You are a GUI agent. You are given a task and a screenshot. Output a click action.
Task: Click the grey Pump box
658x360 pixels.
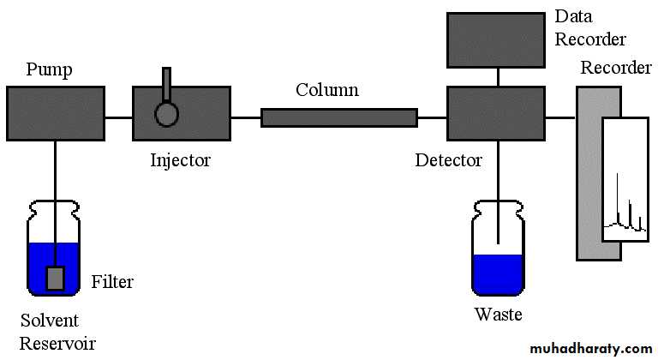[x=56, y=112]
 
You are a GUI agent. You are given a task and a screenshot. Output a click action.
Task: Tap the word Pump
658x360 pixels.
[x=48, y=69]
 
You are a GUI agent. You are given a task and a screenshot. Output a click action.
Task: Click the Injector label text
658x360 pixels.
[x=180, y=159]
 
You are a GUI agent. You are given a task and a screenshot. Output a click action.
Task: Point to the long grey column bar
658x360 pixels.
[x=338, y=117]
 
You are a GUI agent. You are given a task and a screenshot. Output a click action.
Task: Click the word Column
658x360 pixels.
[x=327, y=89]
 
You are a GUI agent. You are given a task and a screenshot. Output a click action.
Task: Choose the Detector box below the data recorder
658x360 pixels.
[x=496, y=112]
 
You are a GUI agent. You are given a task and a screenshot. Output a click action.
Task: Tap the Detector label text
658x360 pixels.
[x=448, y=159]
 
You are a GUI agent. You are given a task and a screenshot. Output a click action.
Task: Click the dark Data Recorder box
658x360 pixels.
[x=496, y=39]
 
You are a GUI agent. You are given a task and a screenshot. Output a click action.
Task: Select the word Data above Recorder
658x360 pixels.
[x=572, y=16]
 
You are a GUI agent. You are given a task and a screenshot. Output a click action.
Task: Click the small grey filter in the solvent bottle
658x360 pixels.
[x=56, y=277]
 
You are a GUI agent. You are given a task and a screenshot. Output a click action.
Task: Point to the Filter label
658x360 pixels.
[x=112, y=281]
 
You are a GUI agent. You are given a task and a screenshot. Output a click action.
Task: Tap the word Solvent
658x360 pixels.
[x=50, y=321]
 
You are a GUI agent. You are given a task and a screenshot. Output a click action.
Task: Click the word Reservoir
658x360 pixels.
[x=57, y=344]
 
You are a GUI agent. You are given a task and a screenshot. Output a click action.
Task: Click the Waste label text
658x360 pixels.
[x=498, y=315]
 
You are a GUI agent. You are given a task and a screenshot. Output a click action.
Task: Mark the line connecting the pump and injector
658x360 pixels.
[x=118, y=117]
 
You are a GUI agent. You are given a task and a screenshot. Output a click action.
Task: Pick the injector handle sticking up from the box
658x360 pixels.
[x=166, y=84]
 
